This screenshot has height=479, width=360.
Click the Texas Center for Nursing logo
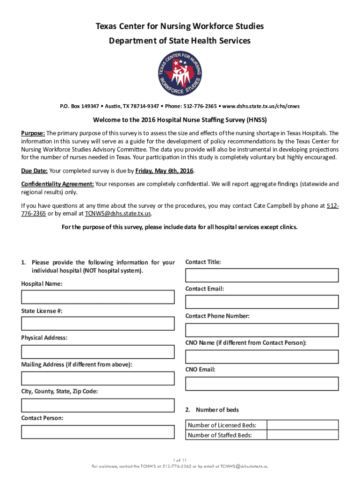tap(180, 74)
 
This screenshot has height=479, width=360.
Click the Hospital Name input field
tap(98, 298)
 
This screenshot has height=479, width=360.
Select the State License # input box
tap(98, 324)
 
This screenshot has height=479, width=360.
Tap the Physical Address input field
tap(98, 351)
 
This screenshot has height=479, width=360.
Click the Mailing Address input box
tap(98, 378)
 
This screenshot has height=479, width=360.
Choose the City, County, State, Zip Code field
tap(98, 405)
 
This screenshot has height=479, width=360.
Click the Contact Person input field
tap(98, 431)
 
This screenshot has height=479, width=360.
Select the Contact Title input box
tap(262, 276)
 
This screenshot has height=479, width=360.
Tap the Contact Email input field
tap(262, 302)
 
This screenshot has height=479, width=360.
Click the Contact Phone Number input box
tap(262, 330)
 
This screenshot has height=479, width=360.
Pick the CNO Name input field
tap(262, 356)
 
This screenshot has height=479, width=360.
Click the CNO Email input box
tap(262, 384)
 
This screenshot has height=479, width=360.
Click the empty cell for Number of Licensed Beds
tap(302, 425)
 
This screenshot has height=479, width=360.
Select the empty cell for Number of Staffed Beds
tap(302, 435)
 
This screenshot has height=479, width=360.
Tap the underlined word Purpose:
tap(33, 133)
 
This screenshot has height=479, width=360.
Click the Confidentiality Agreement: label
tap(58, 184)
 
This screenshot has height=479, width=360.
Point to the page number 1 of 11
tap(180, 460)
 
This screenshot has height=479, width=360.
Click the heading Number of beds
tap(217, 410)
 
